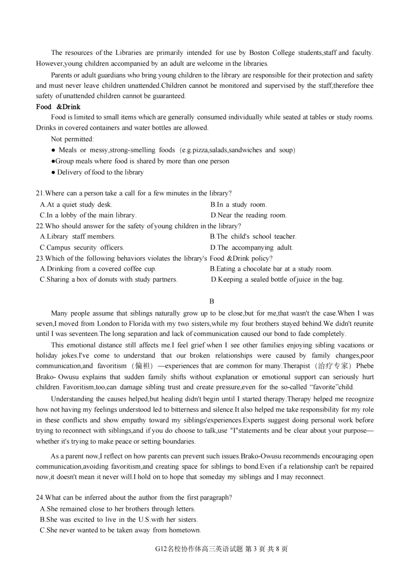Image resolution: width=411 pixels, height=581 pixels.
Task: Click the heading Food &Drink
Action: [58, 107]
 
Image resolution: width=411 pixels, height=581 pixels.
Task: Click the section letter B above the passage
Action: [212, 301]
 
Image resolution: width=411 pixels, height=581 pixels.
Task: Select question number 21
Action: [40, 193]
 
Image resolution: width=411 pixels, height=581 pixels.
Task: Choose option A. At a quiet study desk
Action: [76, 204]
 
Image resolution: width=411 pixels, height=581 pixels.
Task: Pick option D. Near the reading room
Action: [248, 215]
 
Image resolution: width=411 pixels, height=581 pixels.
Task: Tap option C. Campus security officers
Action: [82, 248]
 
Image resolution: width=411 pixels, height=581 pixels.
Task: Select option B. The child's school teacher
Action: [253, 236]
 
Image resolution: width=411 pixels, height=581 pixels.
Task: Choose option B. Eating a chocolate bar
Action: [271, 269]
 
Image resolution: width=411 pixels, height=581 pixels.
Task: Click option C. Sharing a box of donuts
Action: [109, 279]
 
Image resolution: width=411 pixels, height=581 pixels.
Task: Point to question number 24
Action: [40, 498]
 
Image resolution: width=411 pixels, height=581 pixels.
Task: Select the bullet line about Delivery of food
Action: [97, 172]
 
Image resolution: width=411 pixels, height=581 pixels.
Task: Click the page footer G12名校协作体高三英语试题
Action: [199, 549]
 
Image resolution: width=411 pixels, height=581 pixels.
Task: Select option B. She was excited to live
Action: [119, 520]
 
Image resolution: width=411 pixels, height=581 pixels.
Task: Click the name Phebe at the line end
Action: [365, 366]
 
